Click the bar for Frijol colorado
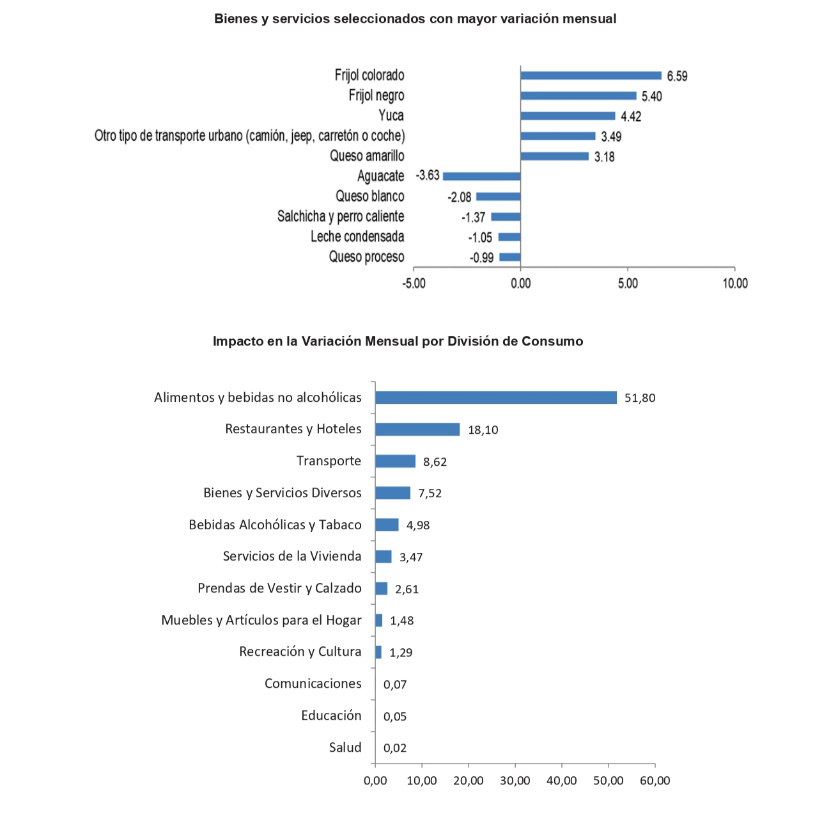click(x=591, y=76)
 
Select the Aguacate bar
click(x=481, y=177)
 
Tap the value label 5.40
click(x=651, y=97)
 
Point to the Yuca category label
click(x=391, y=116)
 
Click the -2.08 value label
click(x=460, y=197)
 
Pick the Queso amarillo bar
click(x=554, y=156)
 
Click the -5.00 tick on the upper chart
click(x=414, y=283)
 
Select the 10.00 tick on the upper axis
click(x=734, y=283)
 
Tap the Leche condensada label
click(x=357, y=237)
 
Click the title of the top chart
click(x=415, y=19)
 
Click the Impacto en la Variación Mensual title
click(x=398, y=341)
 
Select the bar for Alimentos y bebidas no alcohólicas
click(x=495, y=397)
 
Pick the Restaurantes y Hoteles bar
click(x=417, y=429)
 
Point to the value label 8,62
click(x=435, y=462)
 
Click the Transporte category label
click(x=329, y=461)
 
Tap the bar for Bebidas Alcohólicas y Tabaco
click(x=387, y=525)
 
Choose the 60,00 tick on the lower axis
click(x=655, y=781)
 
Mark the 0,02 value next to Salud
click(x=395, y=748)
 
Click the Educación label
click(x=331, y=715)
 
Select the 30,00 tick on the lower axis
click(x=515, y=781)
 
